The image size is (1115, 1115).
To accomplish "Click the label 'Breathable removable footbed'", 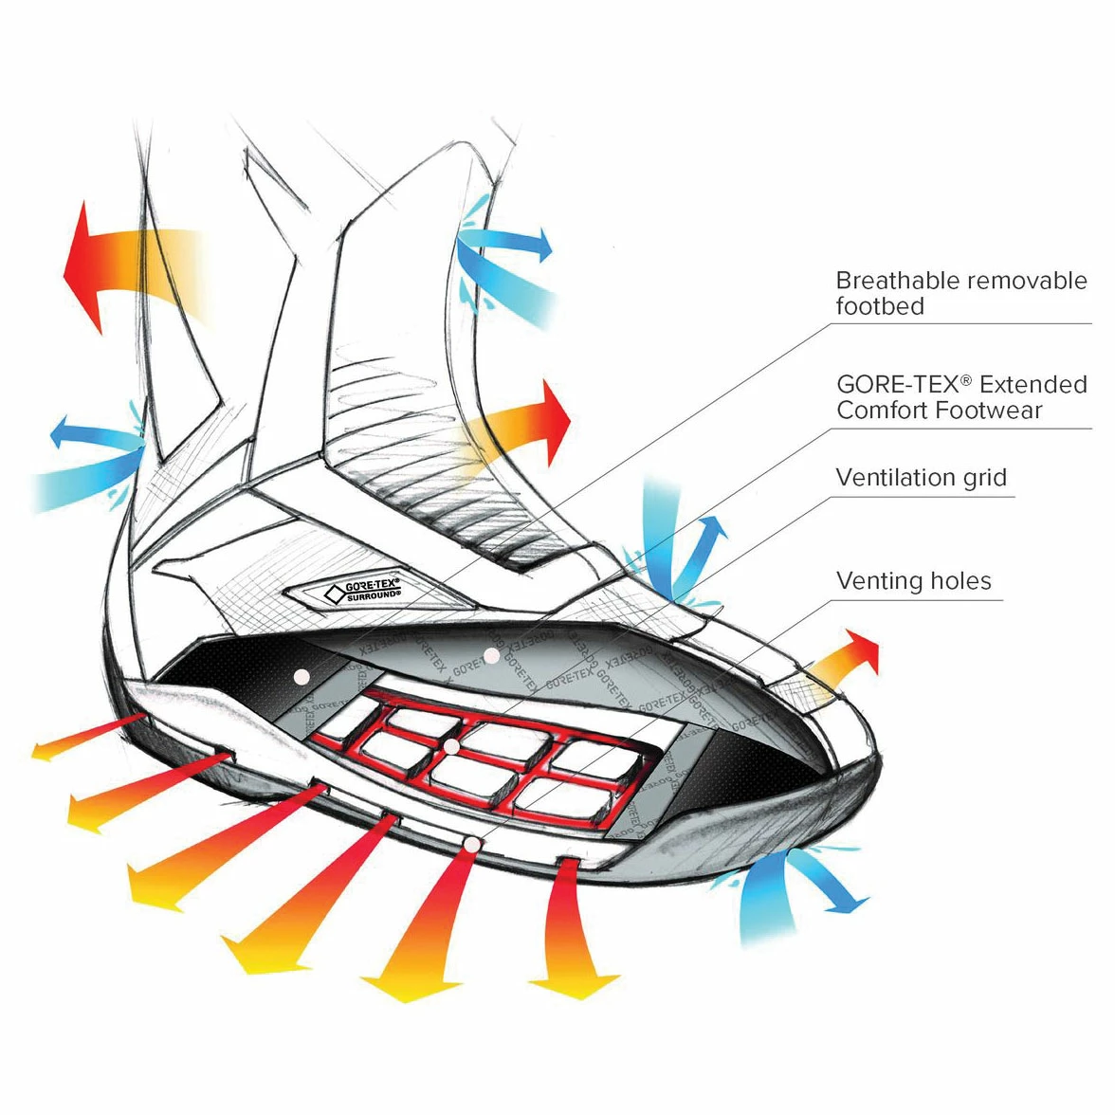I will (x=960, y=293).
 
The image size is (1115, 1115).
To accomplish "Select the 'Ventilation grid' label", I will (x=921, y=478).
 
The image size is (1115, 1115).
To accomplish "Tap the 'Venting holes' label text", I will (x=913, y=581).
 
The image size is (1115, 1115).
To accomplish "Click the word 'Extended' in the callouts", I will (x=1033, y=384).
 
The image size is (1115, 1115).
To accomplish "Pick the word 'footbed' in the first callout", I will (x=879, y=306).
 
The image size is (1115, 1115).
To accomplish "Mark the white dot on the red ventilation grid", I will (x=452, y=748).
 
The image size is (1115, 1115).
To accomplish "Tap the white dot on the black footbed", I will (x=302, y=676).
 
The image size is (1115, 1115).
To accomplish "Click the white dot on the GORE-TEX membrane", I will (x=491, y=655).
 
